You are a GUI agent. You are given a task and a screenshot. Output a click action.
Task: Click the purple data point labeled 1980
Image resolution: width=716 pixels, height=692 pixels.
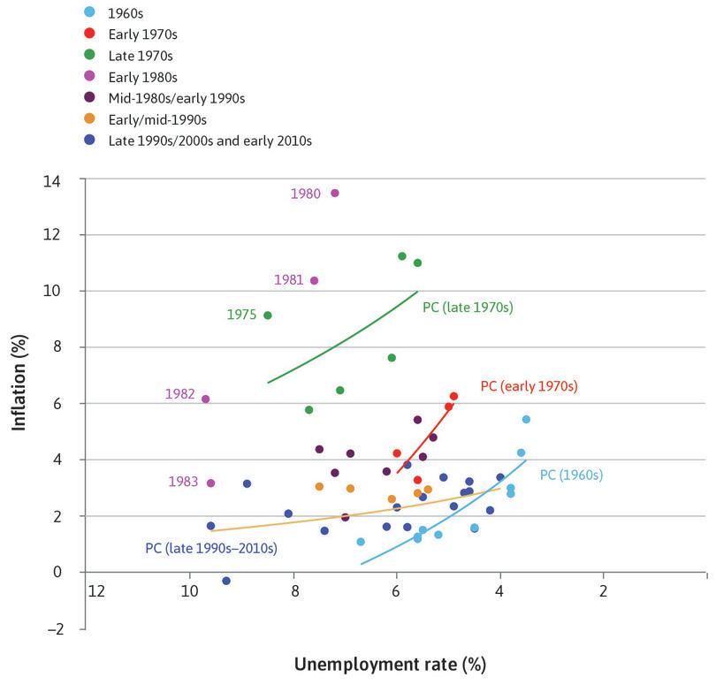[x=334, y=193]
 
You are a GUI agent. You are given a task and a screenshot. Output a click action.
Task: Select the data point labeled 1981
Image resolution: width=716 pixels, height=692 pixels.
[x=314, y=280]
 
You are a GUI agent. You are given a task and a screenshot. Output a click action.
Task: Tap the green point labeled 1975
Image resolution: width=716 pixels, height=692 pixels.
[x=268, y=316]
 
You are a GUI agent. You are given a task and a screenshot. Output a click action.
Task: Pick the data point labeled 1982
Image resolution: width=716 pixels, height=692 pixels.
[x=206, y=399]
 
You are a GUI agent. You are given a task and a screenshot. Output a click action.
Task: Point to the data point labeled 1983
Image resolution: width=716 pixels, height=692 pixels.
[x=210, y=483]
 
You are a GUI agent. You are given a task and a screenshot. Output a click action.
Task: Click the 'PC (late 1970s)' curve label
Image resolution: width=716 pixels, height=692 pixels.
[x=468, y=308]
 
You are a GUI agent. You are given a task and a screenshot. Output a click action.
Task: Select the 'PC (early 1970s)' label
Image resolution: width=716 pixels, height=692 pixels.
[x=528, y=386]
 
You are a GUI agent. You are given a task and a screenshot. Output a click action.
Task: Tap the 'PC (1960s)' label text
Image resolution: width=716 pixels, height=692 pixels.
[x=571, y=475]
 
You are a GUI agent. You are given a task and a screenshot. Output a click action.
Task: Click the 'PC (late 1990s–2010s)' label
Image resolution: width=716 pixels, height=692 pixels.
[x=211, y=548]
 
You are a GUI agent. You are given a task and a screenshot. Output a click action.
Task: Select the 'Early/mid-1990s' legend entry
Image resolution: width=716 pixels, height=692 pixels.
[x=156, y=118]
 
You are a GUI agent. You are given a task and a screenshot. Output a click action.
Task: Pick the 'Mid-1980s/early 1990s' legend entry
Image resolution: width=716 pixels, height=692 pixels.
[x=175, y=97]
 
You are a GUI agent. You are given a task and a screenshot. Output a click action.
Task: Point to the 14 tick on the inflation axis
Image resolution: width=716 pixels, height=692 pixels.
[x=67, y=179]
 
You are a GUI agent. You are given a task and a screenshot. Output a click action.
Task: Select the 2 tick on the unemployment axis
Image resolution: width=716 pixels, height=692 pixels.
[x=604, y=589]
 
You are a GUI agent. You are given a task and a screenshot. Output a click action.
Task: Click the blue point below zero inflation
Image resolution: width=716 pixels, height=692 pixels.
[x=226, y=581]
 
